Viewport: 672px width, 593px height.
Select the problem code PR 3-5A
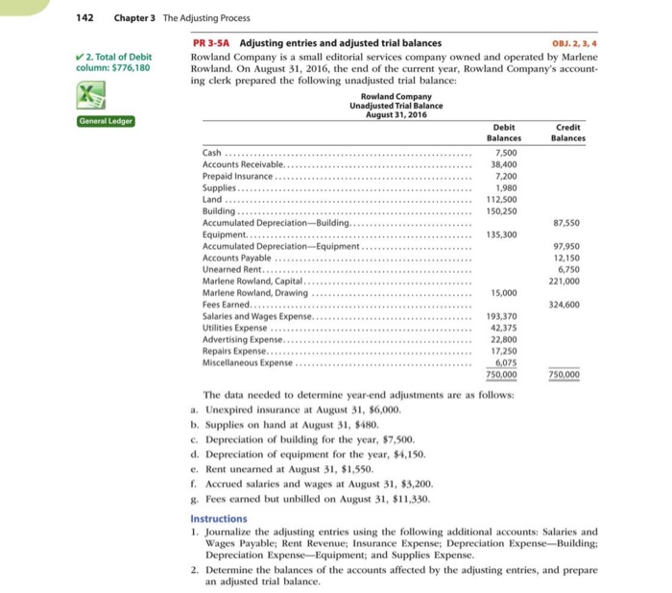211,43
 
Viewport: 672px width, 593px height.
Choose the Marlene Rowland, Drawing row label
251,293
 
